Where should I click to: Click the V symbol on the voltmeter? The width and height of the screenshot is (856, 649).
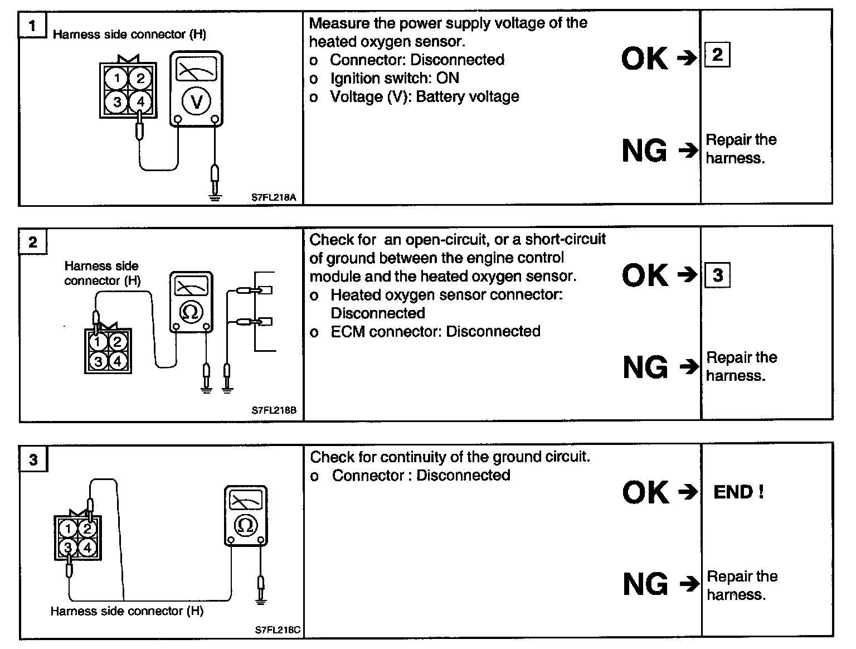click(x=196, y=101)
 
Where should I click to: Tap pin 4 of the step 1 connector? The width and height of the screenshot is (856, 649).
click(x=140, y=101)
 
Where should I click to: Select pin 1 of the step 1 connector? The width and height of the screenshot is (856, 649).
click(x=117, y=78)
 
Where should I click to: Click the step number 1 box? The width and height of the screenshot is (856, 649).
click(x=32, y=26)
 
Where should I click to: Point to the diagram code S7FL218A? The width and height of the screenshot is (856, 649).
click(x=273, y=197)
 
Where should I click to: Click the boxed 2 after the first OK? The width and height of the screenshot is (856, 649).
click(x=717, y=55)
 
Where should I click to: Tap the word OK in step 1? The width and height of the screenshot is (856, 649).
click(x=644, y=58)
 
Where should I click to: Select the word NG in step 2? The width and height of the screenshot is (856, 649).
click(x=645, y=367)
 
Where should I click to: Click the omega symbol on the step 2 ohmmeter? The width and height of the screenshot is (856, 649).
click(x=190, y=312)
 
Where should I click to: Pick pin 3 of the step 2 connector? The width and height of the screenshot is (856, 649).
click(x=98, y=361)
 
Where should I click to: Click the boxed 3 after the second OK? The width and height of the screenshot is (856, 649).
click(x=718, y=275)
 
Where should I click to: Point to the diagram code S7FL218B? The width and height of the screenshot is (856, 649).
click(x=274, y=411)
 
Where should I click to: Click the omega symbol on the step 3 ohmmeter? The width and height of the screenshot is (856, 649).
click(x=245, y=525)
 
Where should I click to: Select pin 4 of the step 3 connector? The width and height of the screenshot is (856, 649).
click(x=87, y=548)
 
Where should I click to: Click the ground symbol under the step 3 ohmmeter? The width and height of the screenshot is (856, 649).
click(x=260, y=600)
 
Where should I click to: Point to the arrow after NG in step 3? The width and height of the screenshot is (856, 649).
click(x=689, y=584)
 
